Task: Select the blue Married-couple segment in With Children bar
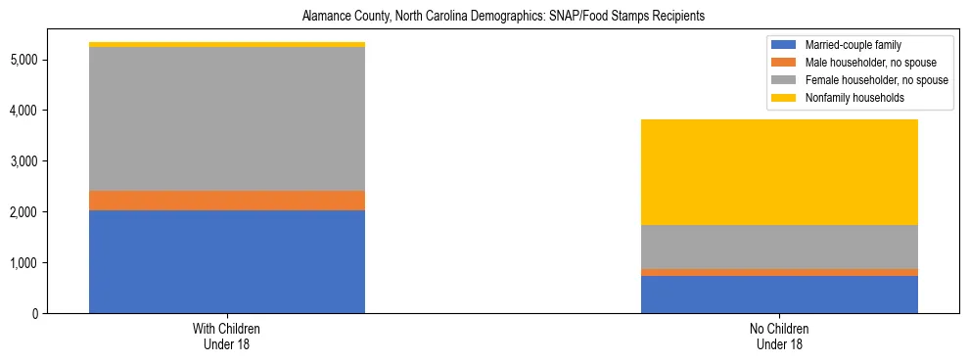[227, 261]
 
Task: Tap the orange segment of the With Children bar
[227, 201]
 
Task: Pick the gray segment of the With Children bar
[227, 118]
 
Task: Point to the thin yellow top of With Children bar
[227, 44]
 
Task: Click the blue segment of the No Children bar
[779, 294]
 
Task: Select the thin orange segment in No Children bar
[779, 272]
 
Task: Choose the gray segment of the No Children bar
[779, 247]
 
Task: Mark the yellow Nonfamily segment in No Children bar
[779, 172]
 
